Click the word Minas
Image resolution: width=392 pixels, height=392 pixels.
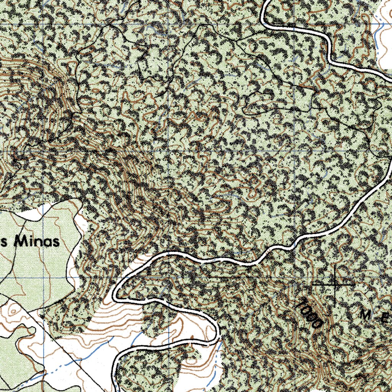[38, 242]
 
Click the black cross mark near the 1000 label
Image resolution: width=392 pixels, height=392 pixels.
[336, 285]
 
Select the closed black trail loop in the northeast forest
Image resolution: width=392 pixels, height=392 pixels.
[264, 103]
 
